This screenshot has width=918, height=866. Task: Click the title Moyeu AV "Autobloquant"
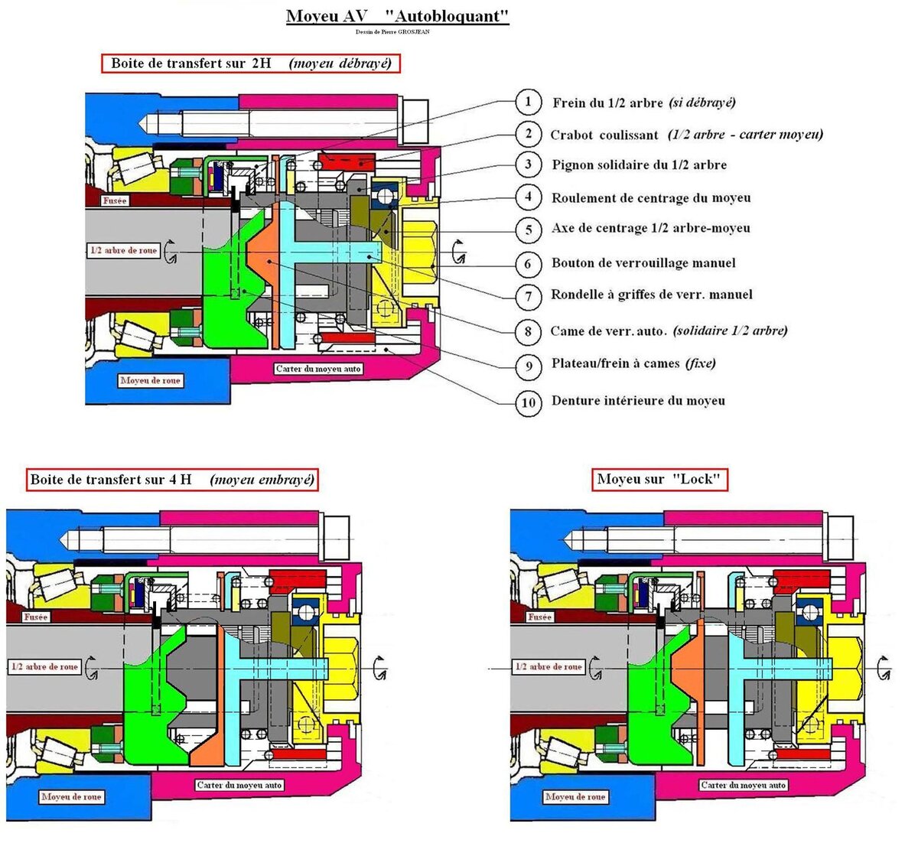(398, 16)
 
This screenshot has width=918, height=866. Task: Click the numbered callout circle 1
(529, 102)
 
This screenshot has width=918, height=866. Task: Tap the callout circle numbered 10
(529, 402)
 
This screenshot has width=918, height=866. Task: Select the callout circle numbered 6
(529, 264)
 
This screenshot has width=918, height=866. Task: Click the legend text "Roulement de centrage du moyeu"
(651, 198)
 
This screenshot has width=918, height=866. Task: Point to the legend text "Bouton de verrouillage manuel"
(643, 263)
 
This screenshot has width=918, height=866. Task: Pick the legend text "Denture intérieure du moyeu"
(638, 400)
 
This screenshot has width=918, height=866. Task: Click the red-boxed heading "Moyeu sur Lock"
(659, 480)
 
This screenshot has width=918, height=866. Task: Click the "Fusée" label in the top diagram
(115, 200)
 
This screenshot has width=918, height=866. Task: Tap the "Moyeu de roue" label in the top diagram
(150, 380)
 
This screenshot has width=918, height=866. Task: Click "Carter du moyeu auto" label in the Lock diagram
(744, 785)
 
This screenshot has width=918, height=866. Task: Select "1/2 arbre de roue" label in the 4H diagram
(44, 667)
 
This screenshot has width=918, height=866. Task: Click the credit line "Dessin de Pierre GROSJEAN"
(392, 32)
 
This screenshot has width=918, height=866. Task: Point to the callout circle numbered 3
(529, 164)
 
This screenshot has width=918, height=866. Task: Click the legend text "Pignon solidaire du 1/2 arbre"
(640, 165)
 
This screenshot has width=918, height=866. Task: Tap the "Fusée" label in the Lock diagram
(540, 617)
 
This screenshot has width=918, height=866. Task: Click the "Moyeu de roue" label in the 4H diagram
(71, 796)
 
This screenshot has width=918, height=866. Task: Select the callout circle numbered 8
(529, 331)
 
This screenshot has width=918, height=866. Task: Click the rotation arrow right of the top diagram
(458, 252)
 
